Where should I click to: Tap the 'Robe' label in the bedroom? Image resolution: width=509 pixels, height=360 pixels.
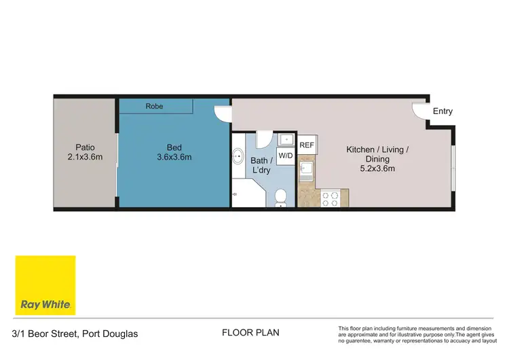pos(155,107)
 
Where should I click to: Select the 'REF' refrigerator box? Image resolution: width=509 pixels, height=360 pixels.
pos(307,145)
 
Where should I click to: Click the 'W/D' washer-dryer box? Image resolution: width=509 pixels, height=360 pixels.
pos(286,156)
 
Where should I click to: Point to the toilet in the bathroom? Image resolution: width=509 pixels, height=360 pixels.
pos(280,198)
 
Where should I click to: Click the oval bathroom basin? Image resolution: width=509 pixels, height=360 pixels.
pos(238,157)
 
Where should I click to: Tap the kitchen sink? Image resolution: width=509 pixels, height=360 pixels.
pos(306,168)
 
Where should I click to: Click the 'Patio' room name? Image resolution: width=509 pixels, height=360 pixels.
pos(85,147)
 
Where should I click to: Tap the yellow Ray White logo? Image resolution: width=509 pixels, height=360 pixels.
pos(45,285)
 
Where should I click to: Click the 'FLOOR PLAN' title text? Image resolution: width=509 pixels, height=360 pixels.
pos(250,333)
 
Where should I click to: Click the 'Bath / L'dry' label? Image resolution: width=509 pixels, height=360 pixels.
pos(261,165)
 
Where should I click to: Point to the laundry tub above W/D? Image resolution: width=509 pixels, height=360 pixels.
pos(286,141)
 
